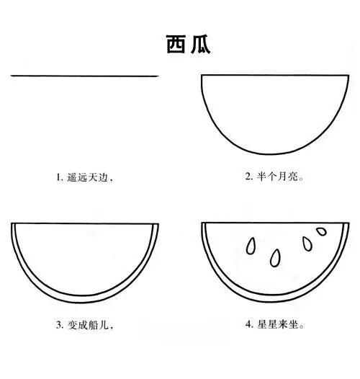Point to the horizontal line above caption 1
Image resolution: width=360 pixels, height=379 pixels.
84,76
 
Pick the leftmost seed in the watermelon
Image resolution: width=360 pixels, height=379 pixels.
251,246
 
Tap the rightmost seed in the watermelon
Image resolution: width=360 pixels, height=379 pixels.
320,233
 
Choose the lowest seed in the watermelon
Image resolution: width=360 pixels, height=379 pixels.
275,257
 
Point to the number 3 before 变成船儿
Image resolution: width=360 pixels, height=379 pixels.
59,325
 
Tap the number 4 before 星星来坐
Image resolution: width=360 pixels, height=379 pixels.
248,325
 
